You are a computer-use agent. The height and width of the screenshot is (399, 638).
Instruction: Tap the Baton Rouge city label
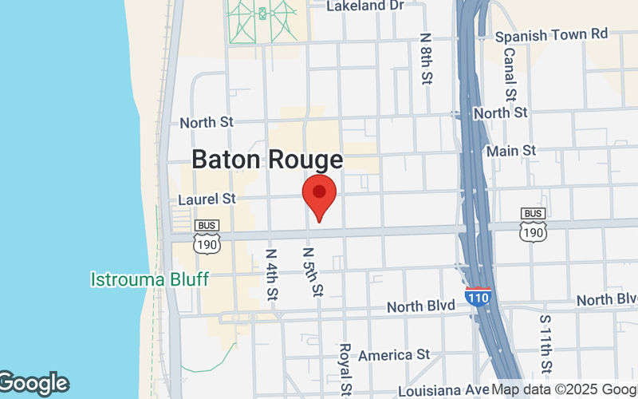(267, 159)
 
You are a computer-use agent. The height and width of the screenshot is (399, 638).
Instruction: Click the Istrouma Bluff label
(149, 279)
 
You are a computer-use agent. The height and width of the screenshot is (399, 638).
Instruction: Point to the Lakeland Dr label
(367, 6)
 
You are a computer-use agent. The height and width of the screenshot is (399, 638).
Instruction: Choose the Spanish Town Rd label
(551, 35)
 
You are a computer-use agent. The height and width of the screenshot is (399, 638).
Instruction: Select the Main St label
(511, 151)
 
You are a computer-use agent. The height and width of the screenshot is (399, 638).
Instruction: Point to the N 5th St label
(312, 271)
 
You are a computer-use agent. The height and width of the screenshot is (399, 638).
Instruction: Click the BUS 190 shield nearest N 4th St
(207, 236)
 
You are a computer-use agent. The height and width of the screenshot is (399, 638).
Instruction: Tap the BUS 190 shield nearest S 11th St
(533, 223)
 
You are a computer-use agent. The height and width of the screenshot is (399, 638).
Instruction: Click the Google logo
(33, 384)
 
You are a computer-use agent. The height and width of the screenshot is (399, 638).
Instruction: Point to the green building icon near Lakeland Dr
(262, 14)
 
